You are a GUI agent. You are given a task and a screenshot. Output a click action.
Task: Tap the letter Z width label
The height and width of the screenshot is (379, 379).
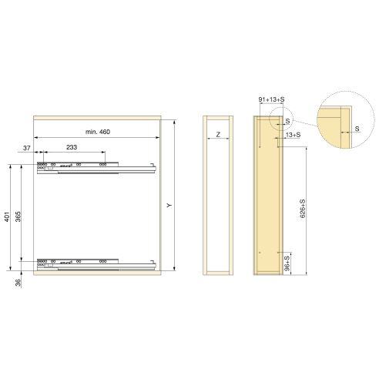tap(218, 136)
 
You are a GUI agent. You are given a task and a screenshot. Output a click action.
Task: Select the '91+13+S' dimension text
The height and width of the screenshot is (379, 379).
tap(271, 100)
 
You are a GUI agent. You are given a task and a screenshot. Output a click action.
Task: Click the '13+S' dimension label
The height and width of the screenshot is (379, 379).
tap(293, 136)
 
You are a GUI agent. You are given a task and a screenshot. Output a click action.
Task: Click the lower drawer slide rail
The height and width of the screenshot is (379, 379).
tap(96, 264)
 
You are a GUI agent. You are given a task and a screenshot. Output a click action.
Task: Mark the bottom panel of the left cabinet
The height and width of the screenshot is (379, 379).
tap(96, 273)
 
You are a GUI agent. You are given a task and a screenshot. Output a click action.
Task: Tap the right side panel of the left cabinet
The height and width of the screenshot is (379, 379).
tap(157, 196)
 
